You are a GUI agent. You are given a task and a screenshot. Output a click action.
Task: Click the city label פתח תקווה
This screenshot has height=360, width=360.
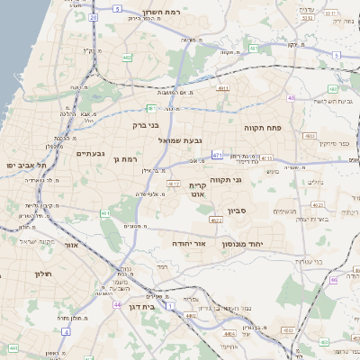(x=263, y=129)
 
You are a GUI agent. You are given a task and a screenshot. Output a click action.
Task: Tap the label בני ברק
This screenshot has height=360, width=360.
(x=145, y=125)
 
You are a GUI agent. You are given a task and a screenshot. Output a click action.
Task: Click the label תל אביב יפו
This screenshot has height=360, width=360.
(x=25, y=166)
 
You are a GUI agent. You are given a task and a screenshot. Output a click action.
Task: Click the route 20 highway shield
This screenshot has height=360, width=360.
(x=94, y=17)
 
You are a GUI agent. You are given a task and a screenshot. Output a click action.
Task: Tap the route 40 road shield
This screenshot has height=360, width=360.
(x=292, y=97)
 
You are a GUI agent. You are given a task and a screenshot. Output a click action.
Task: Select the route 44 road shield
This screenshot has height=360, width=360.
(x=118, y=305)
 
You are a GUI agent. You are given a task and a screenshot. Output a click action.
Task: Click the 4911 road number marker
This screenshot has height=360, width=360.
(x=223, y=88)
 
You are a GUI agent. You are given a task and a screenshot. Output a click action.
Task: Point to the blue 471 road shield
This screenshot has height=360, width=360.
(x=217, y=155)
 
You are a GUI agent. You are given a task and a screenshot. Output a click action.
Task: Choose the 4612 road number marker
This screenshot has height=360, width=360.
(x=173, y=184)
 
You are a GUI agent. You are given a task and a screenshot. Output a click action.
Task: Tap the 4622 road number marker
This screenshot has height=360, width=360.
(x=216, y=219)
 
